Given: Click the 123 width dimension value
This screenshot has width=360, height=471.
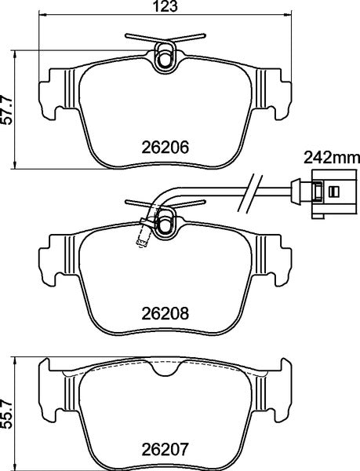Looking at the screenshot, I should pyautogui.click(x=162, y=7).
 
